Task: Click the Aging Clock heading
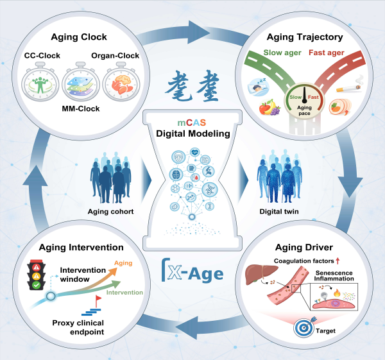click(x=79, y=37)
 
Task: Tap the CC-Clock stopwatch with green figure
click(x=40, y=81)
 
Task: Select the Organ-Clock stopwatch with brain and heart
click(x=121, y=81)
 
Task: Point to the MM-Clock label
click(x=81, y=108)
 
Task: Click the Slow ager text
click(x=282, y=53)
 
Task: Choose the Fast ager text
click(x=327, y=53)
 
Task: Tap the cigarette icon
click(x=350, y=85)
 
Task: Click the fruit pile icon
click(x=269, y=107)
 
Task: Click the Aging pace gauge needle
click(x=304, y=95)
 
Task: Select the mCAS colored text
click(x=192, y=123)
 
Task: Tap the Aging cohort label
click(x=111, y=211)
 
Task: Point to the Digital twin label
click(x=279, y=211)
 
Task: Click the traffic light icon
click(x=37, y=275)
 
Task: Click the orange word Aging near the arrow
click(x=123, y=263)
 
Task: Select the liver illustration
click(x=258, y=274)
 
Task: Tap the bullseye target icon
click(x=304, y=328)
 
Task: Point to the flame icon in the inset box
click(x=337, y=293)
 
